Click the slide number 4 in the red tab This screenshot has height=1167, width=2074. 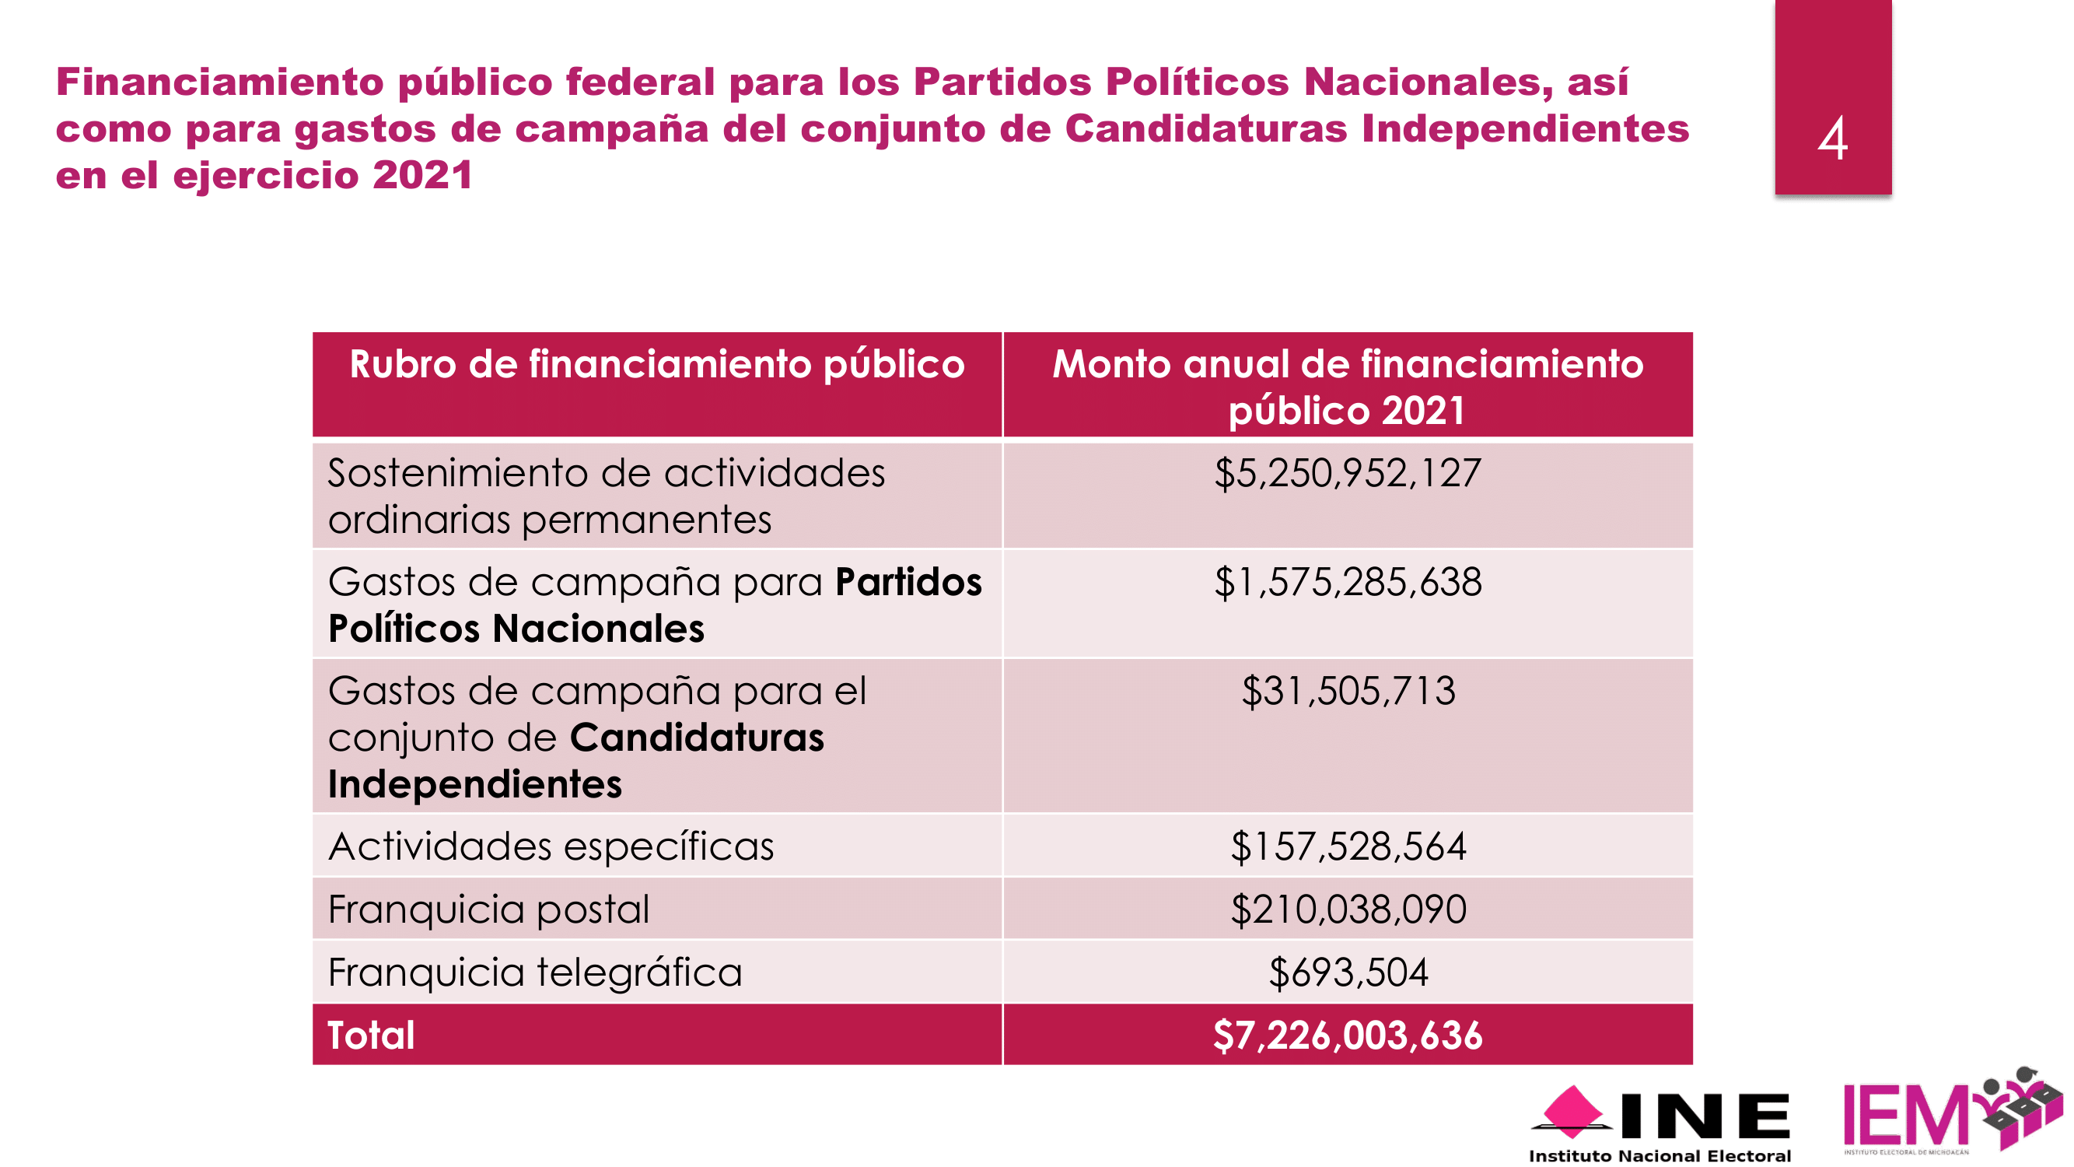pos(1832,138)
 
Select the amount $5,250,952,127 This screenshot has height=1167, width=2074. pos(1347,473)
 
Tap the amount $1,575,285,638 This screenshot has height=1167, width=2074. pos(1347,581)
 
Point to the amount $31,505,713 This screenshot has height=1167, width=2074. pos(1348,691)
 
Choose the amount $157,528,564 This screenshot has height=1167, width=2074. pos(1348,846)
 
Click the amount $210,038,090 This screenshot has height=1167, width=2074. pos(1348,909)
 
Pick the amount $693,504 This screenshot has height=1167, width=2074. pos(1348,972)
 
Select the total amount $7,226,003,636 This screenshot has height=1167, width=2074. pos(1347,1035)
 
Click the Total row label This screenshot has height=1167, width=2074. pos(371,1035)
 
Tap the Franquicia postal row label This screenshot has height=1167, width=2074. pos(488,909)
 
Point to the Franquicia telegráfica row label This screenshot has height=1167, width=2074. pos(534,972)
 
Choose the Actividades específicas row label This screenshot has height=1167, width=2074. pos(551,846)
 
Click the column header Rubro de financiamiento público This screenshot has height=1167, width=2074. pos(657,364)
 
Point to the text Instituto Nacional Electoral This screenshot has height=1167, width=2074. pos(1659,1156)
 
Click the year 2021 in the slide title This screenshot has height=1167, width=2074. pos(423,175)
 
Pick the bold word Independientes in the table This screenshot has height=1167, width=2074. pos(475,784)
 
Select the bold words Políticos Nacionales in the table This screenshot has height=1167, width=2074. pos(516,628)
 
